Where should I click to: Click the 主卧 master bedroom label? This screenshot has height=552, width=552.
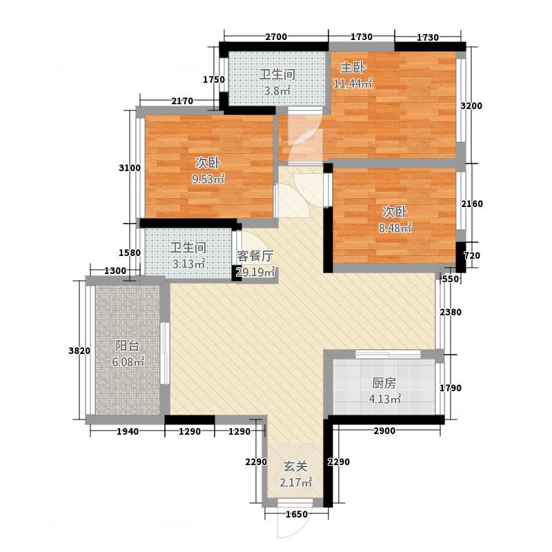(x=353, y=67)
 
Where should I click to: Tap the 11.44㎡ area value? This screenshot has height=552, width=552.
(x=353, y=83)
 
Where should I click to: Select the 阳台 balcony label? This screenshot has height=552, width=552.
(x=127, y=346)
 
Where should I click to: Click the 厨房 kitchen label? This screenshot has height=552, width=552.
(x=384, y=383)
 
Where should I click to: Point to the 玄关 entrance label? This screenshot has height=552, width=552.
(x=295, y=466)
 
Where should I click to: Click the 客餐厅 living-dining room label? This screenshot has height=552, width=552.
(x=255, y=256)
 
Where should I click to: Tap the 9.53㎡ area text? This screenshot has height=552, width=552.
(x=208, y=179)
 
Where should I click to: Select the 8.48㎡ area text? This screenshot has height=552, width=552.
(x=395, y=228)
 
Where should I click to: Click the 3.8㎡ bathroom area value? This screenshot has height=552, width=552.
(x=277, y=90)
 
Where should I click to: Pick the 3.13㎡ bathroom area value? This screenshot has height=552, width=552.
(x=188, y=264)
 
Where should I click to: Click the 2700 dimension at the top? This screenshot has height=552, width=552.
(x=276, y=37)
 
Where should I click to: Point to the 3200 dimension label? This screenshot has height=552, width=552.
(x=471, y=106)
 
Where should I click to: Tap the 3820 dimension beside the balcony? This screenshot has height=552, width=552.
(x=79, y=351)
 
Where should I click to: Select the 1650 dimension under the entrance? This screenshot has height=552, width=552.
(x=297, y=515)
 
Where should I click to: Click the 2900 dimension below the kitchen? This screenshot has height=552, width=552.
(x=384, y=431)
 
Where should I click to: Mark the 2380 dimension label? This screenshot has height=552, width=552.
(x=451, y=313)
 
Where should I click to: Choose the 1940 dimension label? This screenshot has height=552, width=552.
(x=128, y=432)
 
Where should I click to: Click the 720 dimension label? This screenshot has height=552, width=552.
(x=472, y=255)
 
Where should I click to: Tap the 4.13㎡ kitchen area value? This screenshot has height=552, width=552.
(x=385, y=400)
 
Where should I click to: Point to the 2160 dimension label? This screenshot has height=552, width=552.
(x=472, y=204)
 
